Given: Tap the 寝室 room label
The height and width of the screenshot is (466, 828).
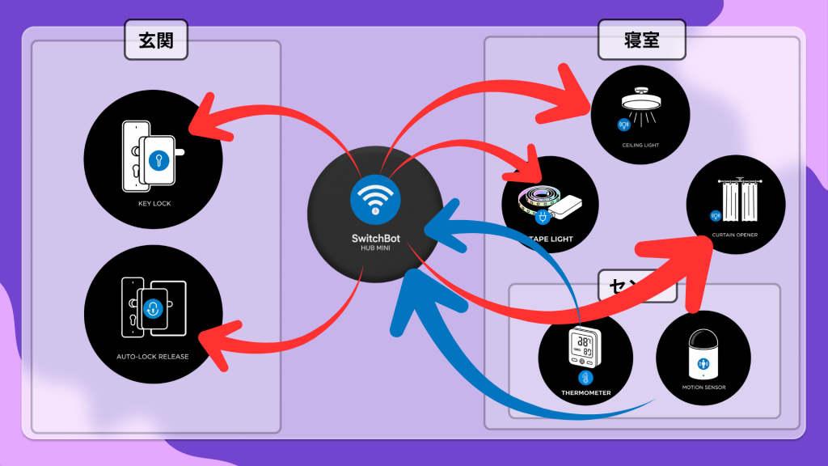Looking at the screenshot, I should (x=641, y=40).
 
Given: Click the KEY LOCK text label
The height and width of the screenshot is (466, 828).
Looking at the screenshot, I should (x=154, y=203).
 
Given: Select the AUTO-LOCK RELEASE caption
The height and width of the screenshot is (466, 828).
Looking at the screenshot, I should (x=153, y=355).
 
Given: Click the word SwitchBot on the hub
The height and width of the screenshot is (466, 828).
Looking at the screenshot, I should (x=375, y=239).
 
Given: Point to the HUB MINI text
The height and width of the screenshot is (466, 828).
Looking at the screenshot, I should (x=375, y=248).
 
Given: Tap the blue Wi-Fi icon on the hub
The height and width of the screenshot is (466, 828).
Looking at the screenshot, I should (x=374, y=197).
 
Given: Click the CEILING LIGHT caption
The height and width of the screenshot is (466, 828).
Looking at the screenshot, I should (x=640, y=145).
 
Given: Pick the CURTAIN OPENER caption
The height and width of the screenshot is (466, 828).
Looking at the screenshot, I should (x=735, y=235).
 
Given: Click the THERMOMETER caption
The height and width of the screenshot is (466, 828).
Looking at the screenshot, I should (x=585, y=392).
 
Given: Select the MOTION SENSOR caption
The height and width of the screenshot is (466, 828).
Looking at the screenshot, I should (x=703, y=388).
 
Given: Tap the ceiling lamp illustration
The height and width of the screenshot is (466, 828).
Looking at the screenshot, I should (x=640, y=103).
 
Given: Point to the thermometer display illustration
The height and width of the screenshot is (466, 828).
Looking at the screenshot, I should (x=585, y=346).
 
